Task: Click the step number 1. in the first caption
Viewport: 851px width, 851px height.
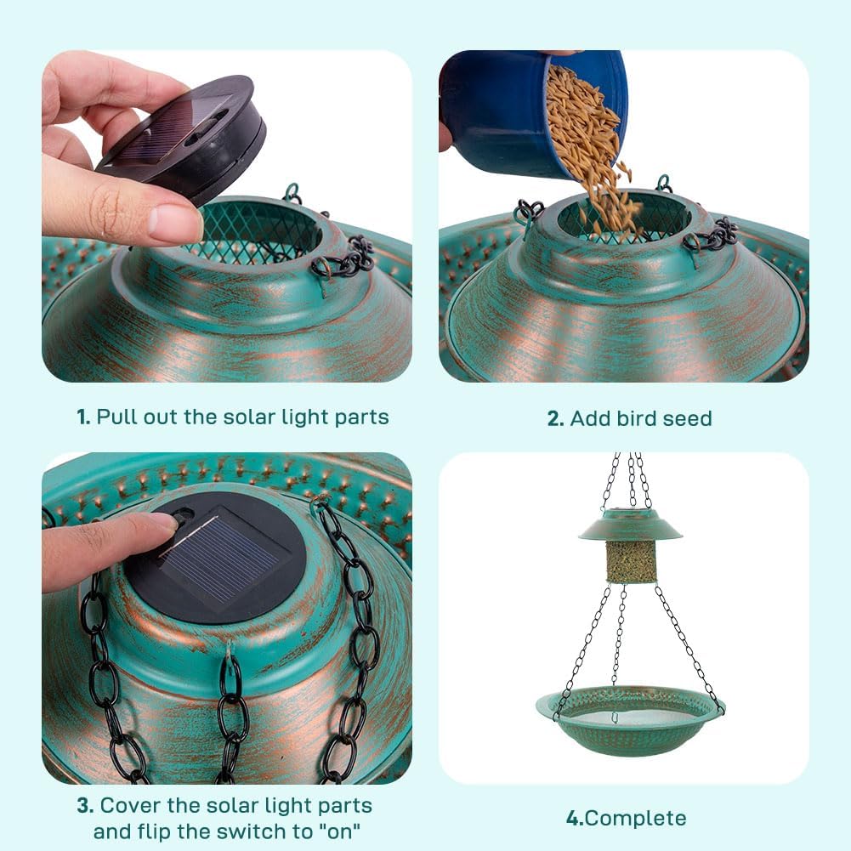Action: [83, 417]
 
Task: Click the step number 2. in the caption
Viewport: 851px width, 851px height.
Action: [555, 418]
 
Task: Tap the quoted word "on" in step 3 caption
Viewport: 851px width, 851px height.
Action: [342, 831]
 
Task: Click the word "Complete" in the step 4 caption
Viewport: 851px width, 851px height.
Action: [636, 819]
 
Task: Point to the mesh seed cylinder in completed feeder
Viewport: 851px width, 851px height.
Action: [631, 562]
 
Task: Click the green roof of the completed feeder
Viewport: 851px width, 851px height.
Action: [630, 526]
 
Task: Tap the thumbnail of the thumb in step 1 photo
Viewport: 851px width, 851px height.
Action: [174, 224]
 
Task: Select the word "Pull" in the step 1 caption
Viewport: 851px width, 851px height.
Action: [115, 417]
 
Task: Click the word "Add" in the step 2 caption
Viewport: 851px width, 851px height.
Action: [588, 418]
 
